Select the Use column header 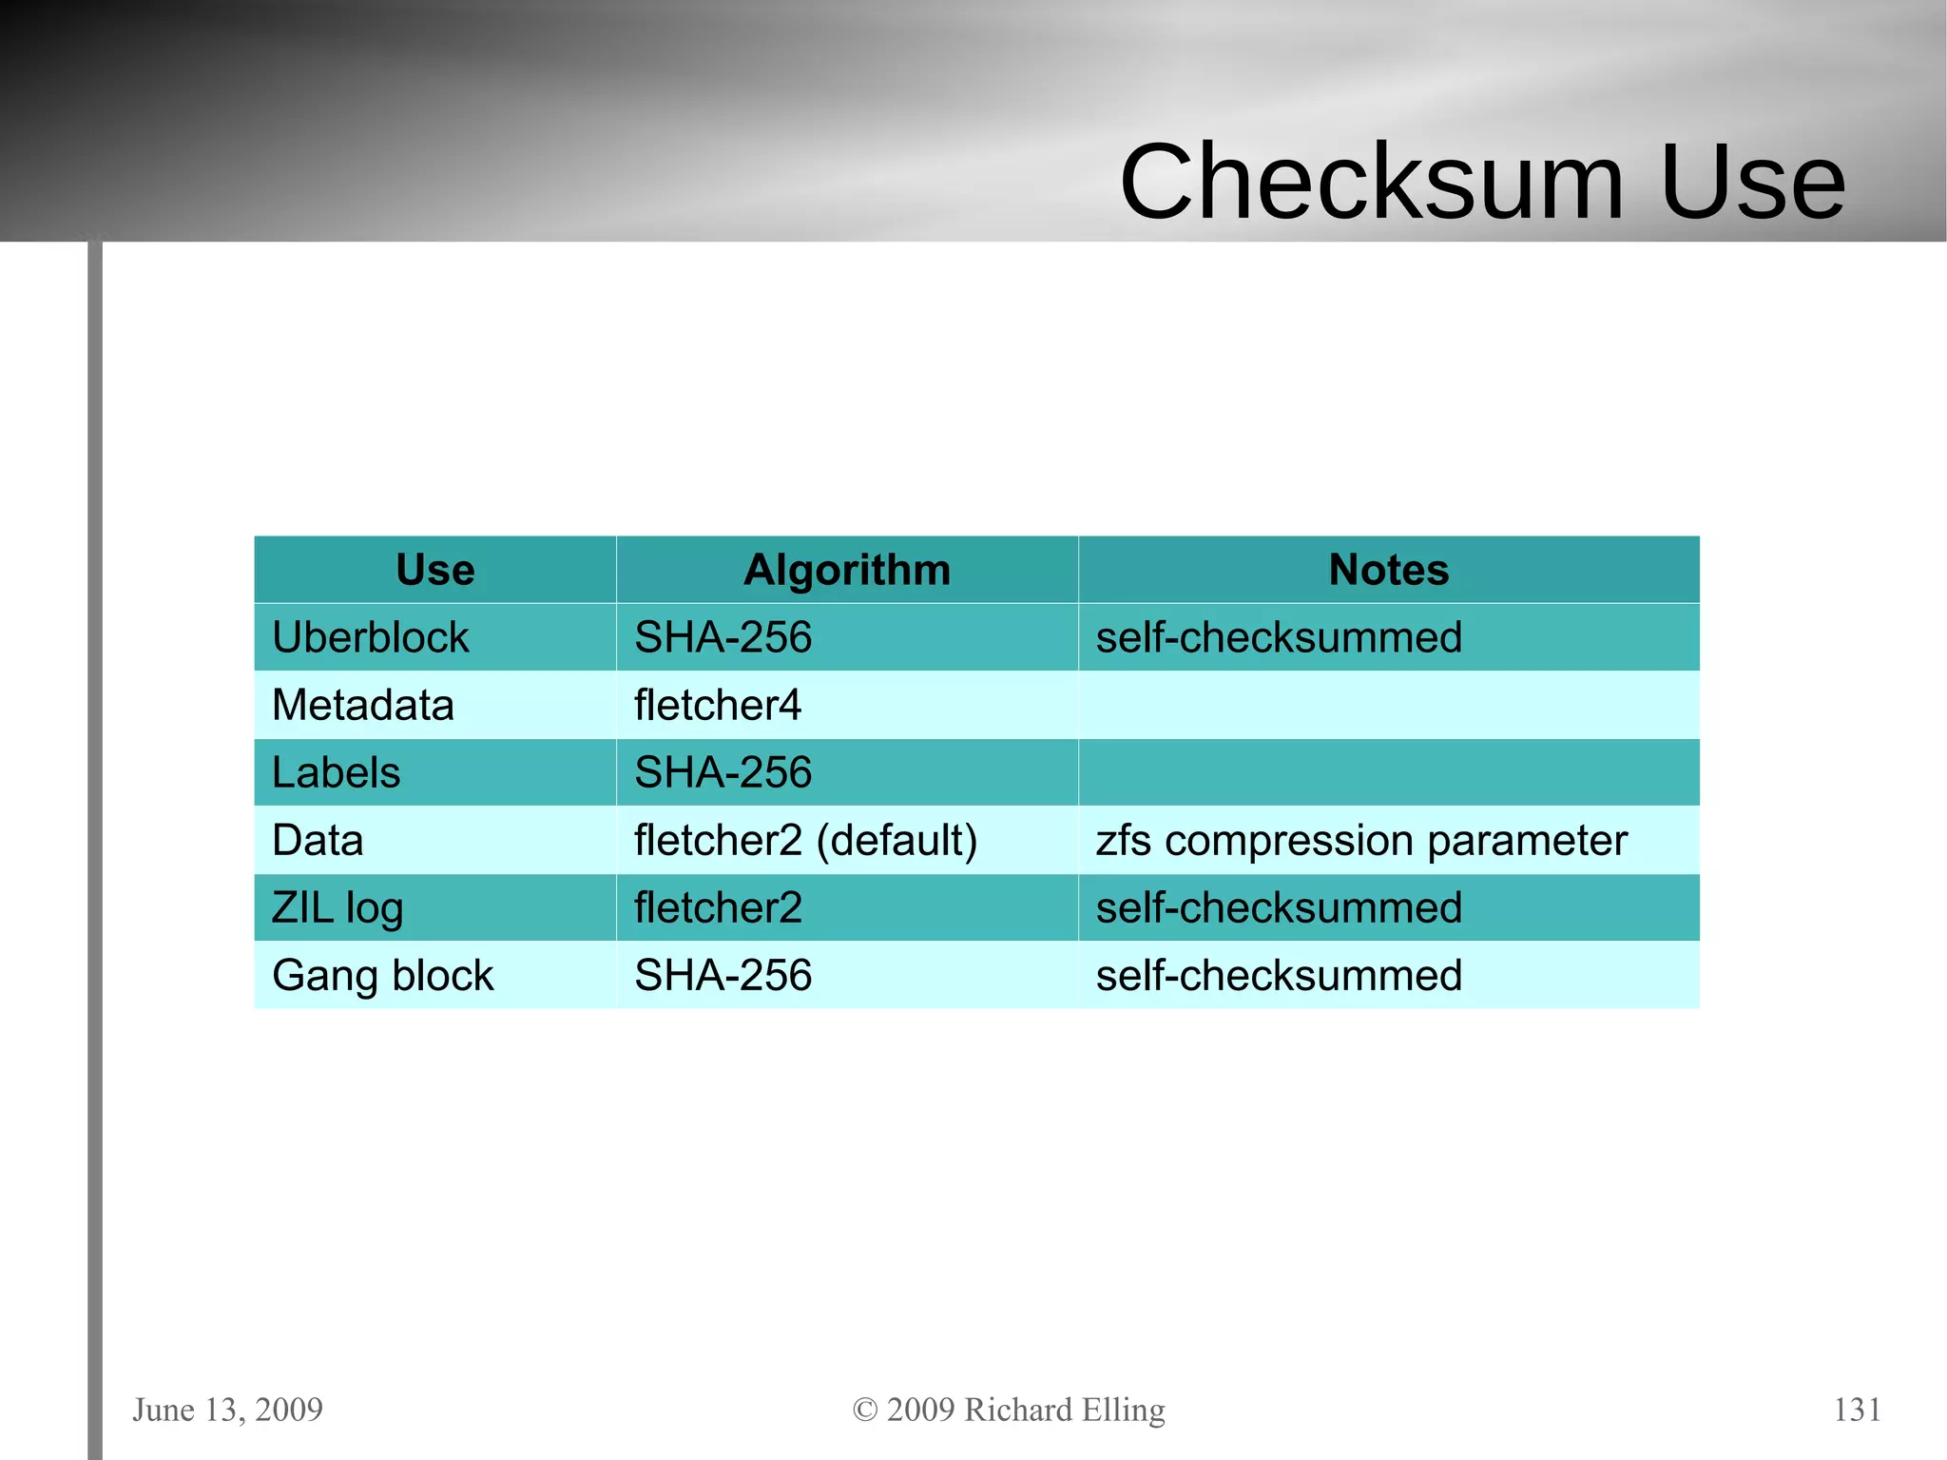435,570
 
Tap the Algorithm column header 847,570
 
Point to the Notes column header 1388,570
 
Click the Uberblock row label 371,637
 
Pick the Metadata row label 363,705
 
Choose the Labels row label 337,772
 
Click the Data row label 318,840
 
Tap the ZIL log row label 337,908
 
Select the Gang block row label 382,976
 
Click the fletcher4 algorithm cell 718,705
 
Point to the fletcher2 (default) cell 805,840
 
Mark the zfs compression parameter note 1361,840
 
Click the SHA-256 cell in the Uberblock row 723,637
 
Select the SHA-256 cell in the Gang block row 723,976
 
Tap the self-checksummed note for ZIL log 1279,908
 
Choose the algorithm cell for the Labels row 723,772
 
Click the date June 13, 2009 228,1410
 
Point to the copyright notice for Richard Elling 1009,1410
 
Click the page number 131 1857,1410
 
